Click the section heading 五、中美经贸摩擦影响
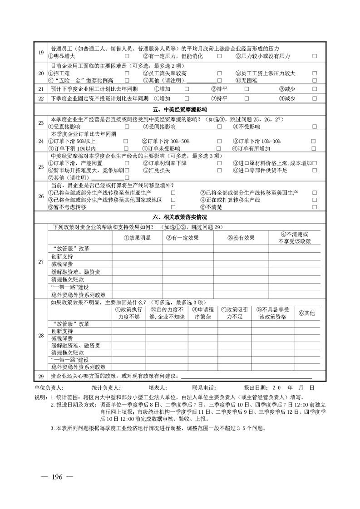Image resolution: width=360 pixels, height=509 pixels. (180, 109)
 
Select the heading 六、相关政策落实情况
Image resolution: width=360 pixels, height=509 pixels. (180, 218)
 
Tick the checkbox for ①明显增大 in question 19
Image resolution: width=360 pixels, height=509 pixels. (127, 56)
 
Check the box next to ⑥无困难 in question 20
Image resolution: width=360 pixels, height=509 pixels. (314, 81)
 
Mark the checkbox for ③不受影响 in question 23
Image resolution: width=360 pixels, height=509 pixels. (314, 127)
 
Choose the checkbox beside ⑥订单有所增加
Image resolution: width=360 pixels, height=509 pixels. (314, 149)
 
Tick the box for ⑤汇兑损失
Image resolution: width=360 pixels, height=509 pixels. (219, 170)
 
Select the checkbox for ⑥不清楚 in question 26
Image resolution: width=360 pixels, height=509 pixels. (314, 207)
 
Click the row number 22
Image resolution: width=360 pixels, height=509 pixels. (41, 98)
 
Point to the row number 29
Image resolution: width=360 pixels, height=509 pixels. (41, 377)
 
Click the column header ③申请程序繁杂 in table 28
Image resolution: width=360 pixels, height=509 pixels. (202, 313)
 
